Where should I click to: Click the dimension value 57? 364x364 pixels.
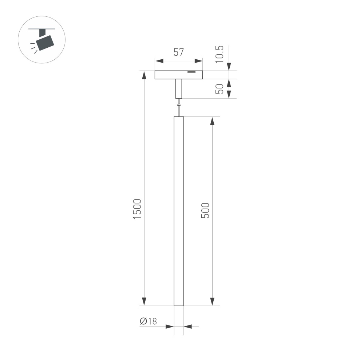[x=178, y=52]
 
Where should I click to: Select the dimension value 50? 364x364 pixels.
[x=219, y=89]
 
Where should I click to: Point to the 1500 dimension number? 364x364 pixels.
[x=137, y=209]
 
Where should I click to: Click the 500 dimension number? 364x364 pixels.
[x=206, y=210]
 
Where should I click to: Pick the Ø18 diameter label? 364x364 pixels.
[x=148, y=321]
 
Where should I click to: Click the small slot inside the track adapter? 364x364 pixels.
[x=191, y=72]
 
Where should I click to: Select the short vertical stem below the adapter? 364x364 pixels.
[x=178, y=89]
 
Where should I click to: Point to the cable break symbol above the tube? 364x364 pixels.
[x=178, y=106]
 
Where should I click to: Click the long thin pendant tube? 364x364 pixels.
[x=178, y=211]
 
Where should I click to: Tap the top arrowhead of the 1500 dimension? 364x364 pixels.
[x=144, y=75]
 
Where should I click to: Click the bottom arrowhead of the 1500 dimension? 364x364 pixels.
[x=144, y=301]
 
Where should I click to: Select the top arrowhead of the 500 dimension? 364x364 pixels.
[x=213, y=121]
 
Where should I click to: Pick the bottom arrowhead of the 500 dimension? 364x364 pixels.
[x=213, y=301]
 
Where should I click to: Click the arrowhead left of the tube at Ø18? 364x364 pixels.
[x=170, y=326]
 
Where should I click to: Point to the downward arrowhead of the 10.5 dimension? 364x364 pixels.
[x=229, y=66]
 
